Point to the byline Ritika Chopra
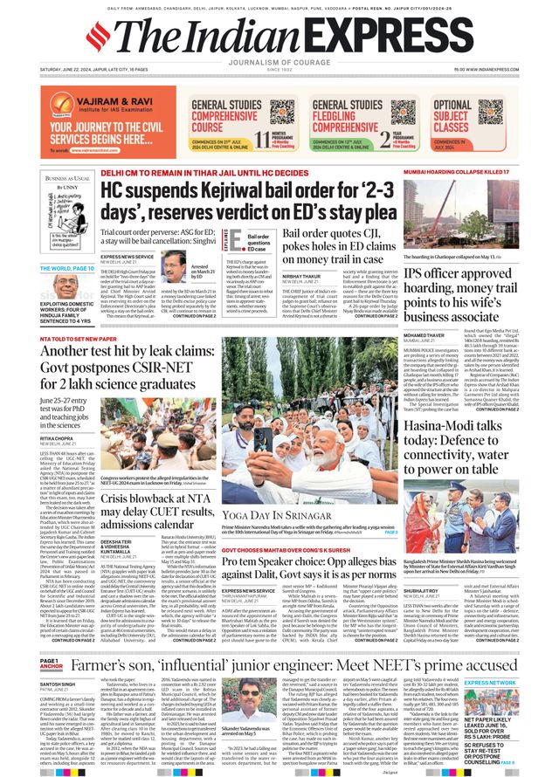[x=57, y=438]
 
